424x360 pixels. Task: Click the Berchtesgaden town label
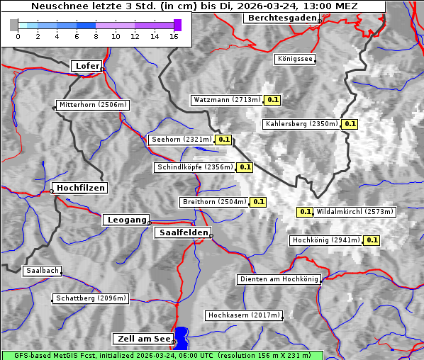coord(281,18)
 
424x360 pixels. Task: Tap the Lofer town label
coord(87,66)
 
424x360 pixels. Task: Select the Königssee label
coord(295,60)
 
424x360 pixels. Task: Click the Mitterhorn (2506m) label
coord(92,105)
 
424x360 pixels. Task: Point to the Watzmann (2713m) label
coord(227,100)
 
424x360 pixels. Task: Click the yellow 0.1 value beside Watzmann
coord(273,100)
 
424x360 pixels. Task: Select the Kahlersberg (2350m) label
coord(301,124)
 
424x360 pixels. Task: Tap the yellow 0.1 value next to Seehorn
coord(224,140)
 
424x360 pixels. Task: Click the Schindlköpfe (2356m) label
coord(194,167)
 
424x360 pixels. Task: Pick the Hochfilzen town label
coord(80,188)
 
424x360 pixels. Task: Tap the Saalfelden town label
coord(182,232)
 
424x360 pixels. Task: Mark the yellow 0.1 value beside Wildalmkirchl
coord(305,212)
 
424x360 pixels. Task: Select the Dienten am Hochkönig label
coord(279,280)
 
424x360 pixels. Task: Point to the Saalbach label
coord(42,271)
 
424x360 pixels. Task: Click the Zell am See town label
coord(143,339)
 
